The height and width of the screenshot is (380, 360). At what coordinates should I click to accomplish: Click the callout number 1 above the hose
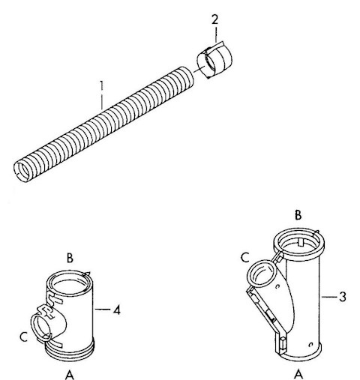[101, 85]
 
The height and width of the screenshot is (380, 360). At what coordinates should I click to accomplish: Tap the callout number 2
[215, 19]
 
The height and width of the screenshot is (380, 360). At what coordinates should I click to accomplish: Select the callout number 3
[343, 297]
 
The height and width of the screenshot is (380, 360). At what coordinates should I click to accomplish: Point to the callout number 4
[116, 310]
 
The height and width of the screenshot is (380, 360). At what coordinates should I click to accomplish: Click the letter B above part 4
[70, 258]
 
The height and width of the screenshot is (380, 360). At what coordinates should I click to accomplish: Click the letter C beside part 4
[23, 337]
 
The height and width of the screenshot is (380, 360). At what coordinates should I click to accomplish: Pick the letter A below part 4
[70, 375]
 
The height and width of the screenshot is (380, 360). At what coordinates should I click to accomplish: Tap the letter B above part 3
[298, 215]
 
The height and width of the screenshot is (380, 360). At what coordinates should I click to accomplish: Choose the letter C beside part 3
[245, 258]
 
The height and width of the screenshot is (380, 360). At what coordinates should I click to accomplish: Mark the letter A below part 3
[298, 375]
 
